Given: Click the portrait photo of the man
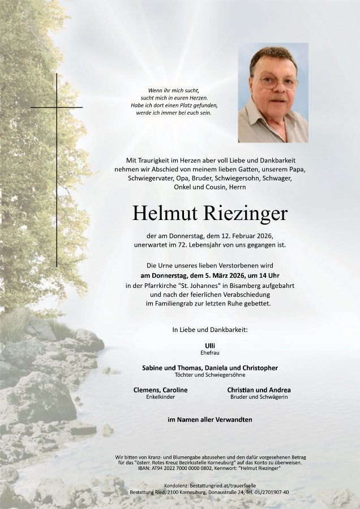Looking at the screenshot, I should pos(273,93).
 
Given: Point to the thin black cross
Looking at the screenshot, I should pos(57,170).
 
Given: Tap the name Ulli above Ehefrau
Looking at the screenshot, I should pos(210,344).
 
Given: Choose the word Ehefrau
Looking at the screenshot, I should pos(210,352).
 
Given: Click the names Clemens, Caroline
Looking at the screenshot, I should pos(160,390).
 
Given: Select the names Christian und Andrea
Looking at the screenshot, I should pos(259,390).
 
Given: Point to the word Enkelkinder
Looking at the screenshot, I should pos(160,397).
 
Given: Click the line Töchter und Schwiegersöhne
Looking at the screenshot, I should pos(210,375).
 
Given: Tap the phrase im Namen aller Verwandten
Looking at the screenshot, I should pos(210,420).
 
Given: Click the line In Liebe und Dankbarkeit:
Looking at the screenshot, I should pos(210,329).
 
